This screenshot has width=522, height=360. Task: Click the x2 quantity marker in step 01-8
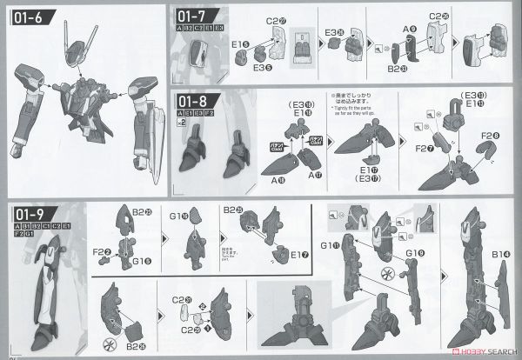click(180, 124)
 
